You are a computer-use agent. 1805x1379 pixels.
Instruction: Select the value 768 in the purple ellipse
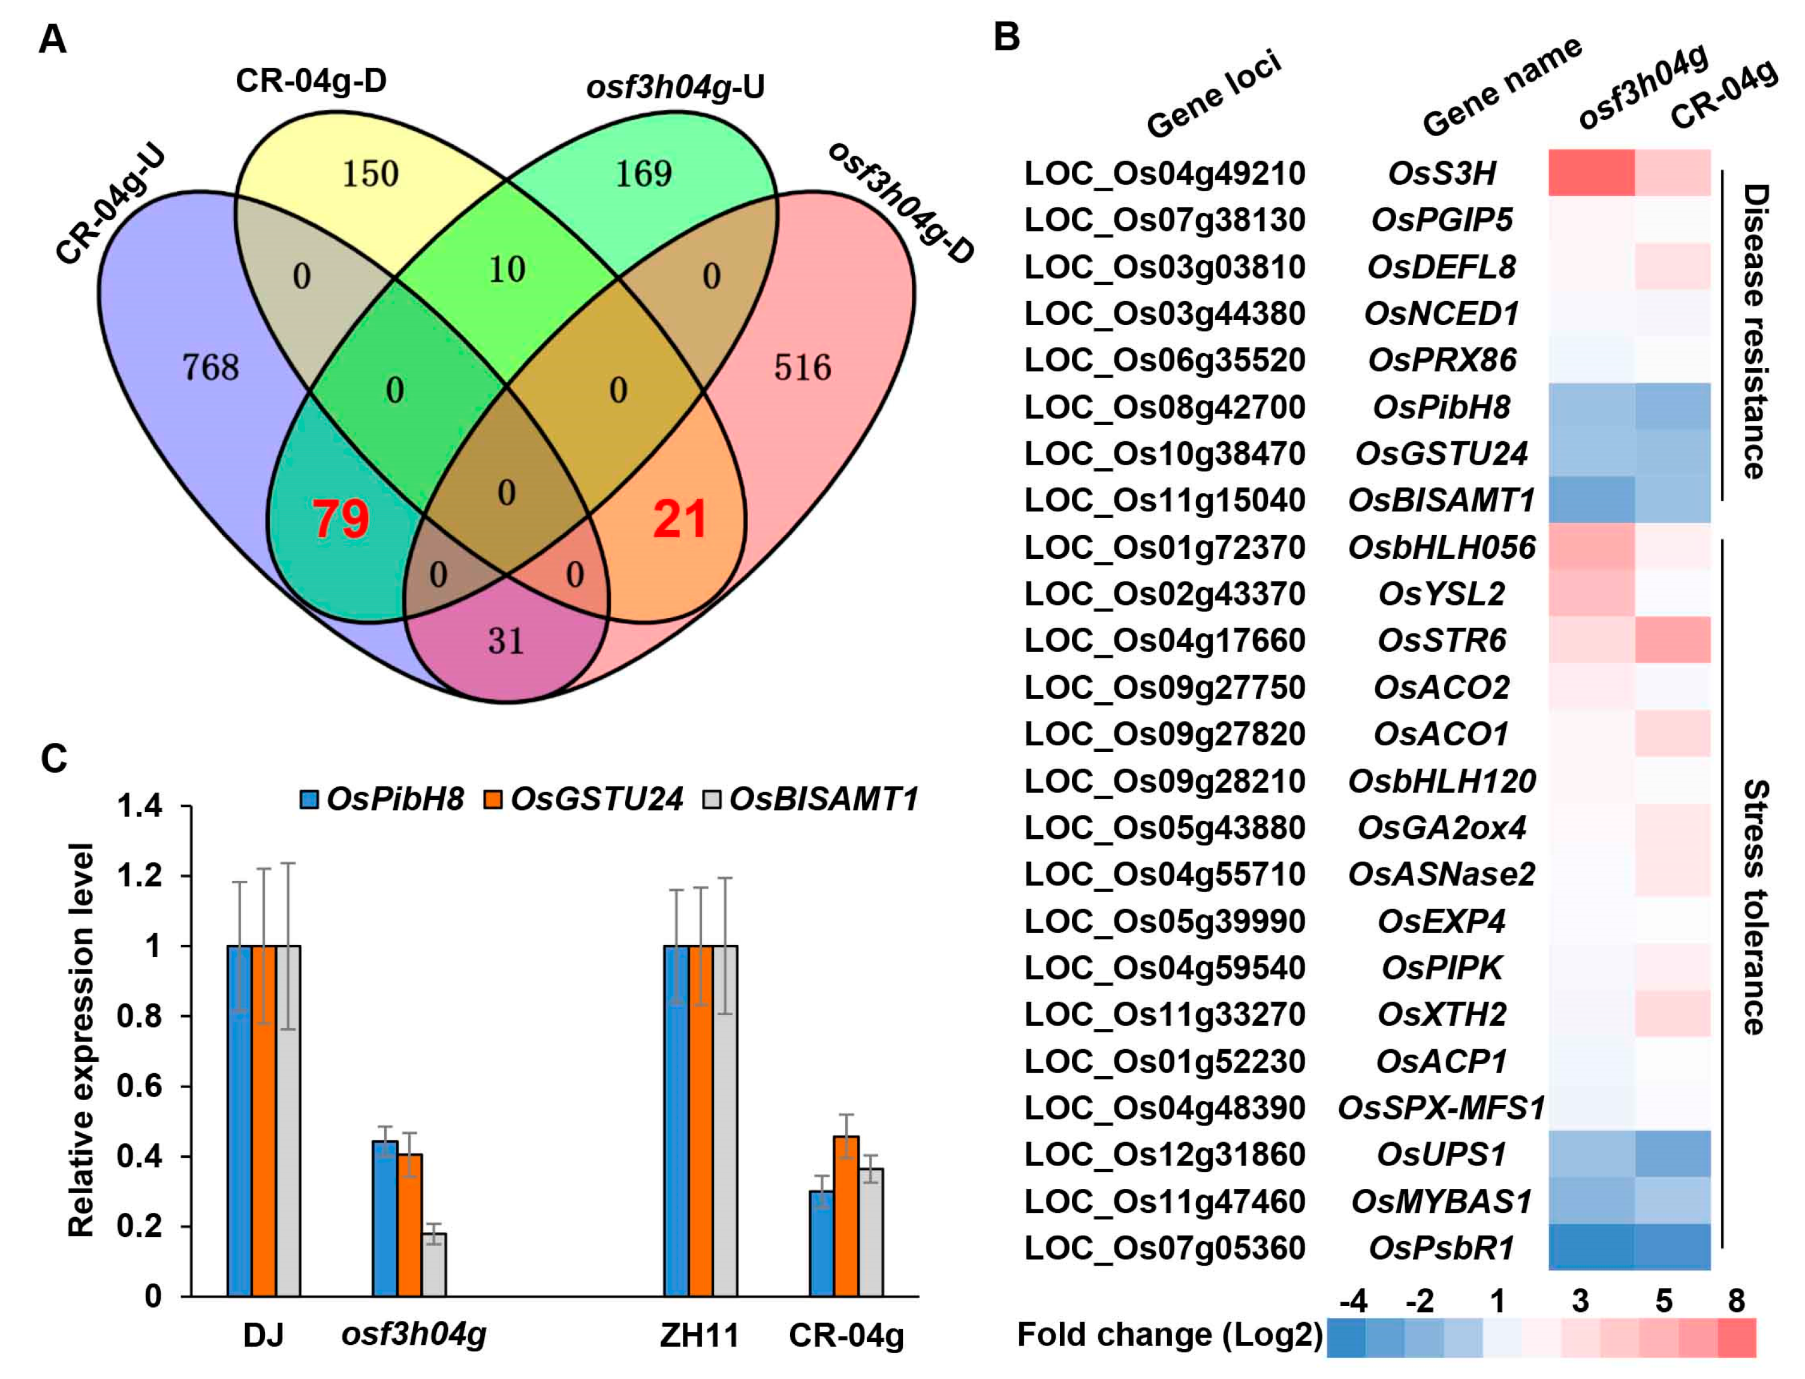211,367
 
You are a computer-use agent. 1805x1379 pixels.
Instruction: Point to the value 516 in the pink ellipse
802,367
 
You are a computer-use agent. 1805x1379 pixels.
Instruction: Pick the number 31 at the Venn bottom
505,641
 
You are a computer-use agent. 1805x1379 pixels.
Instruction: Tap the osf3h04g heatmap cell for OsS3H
1591,173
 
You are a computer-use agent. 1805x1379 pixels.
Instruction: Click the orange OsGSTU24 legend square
493,799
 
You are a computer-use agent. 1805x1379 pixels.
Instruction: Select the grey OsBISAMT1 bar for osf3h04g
434,1264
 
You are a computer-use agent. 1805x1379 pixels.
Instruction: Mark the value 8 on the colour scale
1736,1301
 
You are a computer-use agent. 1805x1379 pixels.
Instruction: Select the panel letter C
54,759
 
